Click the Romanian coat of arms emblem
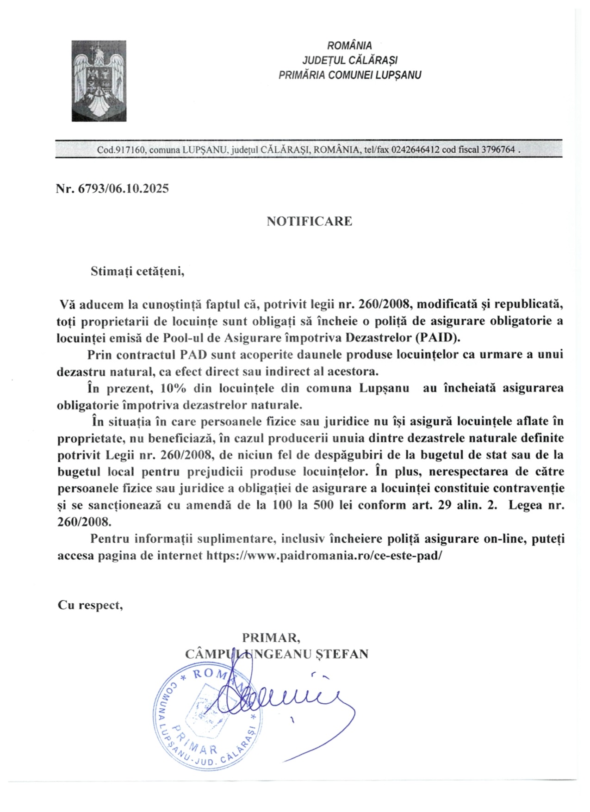click(x=99, y=81)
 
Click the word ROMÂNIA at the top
click(x=349, y=46)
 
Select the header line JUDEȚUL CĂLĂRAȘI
click(x=349, y=60)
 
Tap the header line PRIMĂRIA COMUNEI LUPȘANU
click(x=349, y=75)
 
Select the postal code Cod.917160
click(x=122, y=150)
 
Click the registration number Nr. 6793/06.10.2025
click(x=112, y=188)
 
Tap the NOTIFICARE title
click(x=309, y=221)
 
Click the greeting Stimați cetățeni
click(x=137, y=271)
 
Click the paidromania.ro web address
click(x=324, y=556)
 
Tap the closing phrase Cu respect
click(x=90, y=605)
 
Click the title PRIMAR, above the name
click(x=272, y=638)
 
